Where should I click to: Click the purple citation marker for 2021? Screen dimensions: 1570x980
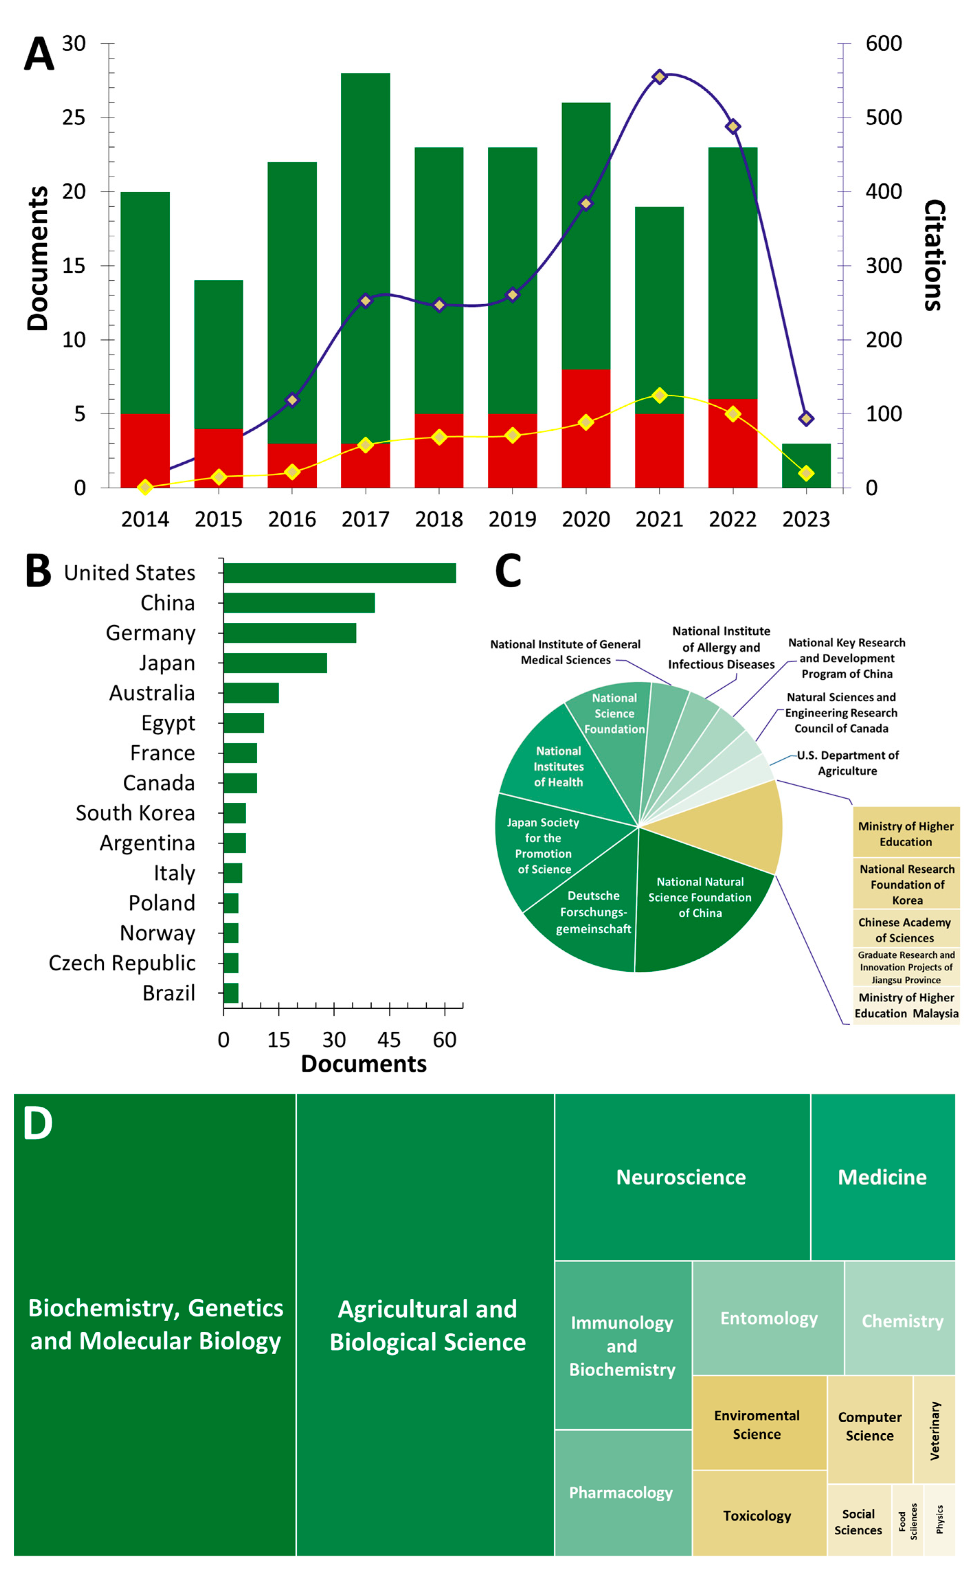[659, 77]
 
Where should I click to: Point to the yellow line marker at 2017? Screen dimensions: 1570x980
[365, 444]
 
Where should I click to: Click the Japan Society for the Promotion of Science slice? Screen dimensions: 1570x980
[543, 846]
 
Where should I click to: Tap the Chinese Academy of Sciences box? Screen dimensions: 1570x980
[905, 930]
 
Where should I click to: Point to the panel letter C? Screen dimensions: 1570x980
[508, 570]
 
